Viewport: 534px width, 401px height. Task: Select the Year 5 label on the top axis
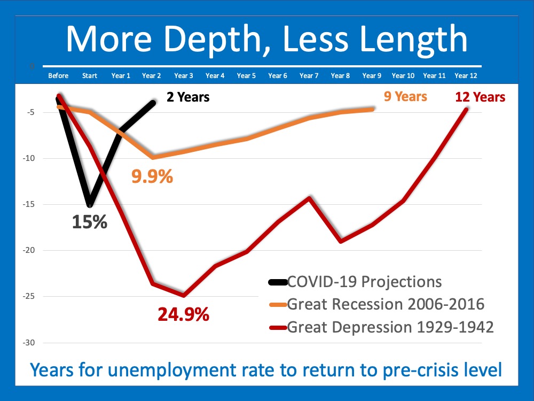246,76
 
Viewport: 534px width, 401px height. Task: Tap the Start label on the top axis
90,76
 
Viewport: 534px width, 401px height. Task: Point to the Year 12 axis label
465,76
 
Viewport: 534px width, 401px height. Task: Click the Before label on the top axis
58,76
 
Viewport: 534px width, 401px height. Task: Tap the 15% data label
90,222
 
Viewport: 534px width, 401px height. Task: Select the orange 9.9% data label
152,176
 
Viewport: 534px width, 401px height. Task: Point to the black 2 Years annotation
187,97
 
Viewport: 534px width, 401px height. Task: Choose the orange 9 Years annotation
405,96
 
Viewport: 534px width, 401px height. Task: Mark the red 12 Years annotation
480,97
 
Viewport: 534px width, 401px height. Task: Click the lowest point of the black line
90,205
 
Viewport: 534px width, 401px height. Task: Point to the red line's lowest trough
184,295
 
